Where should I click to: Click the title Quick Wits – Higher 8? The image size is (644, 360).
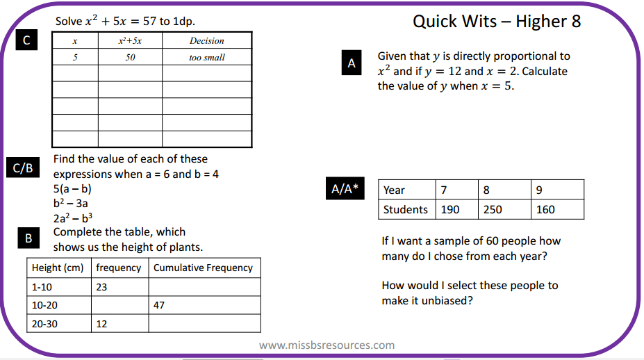pyautogui.click(x=497, y=22)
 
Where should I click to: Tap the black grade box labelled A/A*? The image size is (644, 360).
pyautogui.click(x=345, y=190)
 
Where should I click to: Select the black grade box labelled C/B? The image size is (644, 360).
pyautogui.click(x=24, y=169)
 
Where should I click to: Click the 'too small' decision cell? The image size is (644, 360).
pyautogui.click(x=206, y=58)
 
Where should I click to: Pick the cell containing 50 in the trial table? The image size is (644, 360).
pyautogui.click(x=130, y=58)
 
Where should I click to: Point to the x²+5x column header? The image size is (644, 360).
pyautogui.click(x=130, y=41)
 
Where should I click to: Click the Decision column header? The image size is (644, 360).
pyautogui.click(x=206, y=41)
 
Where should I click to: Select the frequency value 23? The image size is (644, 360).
pyautogui.click(x=102, y=286)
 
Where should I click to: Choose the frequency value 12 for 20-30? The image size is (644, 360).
pyautogui.click(x=102, y=324)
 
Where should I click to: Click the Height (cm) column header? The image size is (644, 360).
pyautogui.click(x=58, y=268)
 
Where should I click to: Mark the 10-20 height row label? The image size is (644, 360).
pyautogui.click(x=45, y=305)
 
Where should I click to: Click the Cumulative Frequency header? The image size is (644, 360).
pyautogui.click(x=203, y=268)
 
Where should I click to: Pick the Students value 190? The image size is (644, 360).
pyautogui.click(x=450, y=209)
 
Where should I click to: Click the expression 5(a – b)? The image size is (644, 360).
pyautogui.click(x=72, y=189)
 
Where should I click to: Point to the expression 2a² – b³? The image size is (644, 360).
pyautogui.click(x=73, y=218)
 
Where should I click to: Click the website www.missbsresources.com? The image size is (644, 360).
pyautogui.click(x=327, y=345)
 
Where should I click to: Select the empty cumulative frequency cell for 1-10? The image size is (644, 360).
pyautogui.click(x=204, y=286)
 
